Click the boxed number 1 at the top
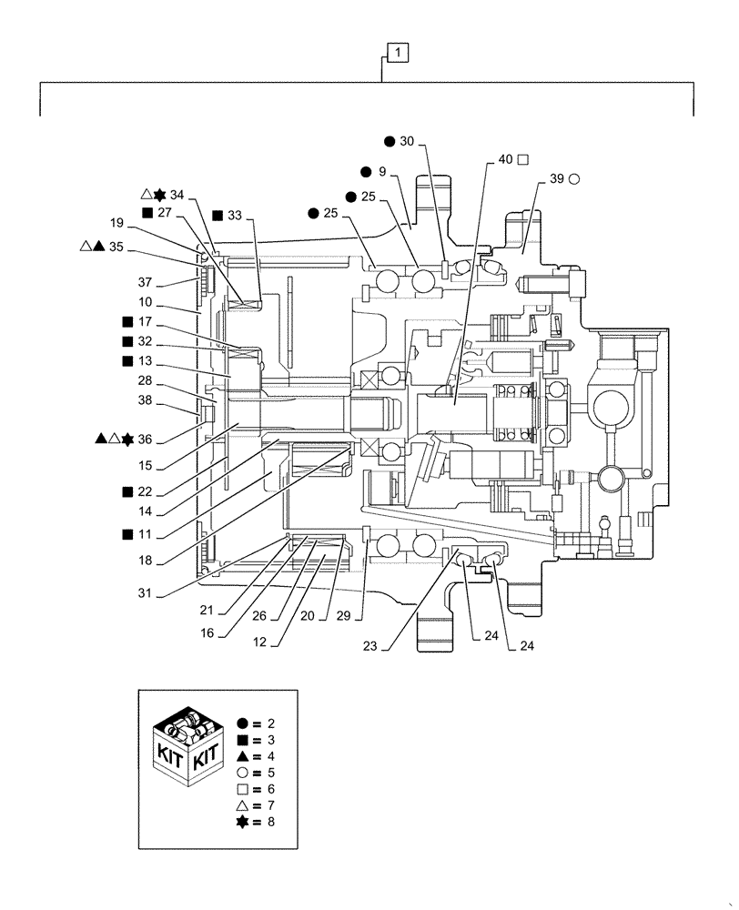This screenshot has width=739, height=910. (399, 54)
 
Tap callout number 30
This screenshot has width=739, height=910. (406, 141)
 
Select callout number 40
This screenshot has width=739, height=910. (505, 159)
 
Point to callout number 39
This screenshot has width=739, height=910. (557, 179)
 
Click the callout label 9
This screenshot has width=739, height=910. (382, 171)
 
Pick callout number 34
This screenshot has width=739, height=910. (177, 194)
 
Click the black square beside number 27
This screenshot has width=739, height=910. (147, 212)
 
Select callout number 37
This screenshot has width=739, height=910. (145, 281)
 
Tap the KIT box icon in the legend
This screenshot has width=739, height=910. (188, 750)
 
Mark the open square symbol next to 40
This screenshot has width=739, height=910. (523, 159)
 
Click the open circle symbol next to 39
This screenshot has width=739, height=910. (574, 179)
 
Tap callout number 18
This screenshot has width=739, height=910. (145, 561)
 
